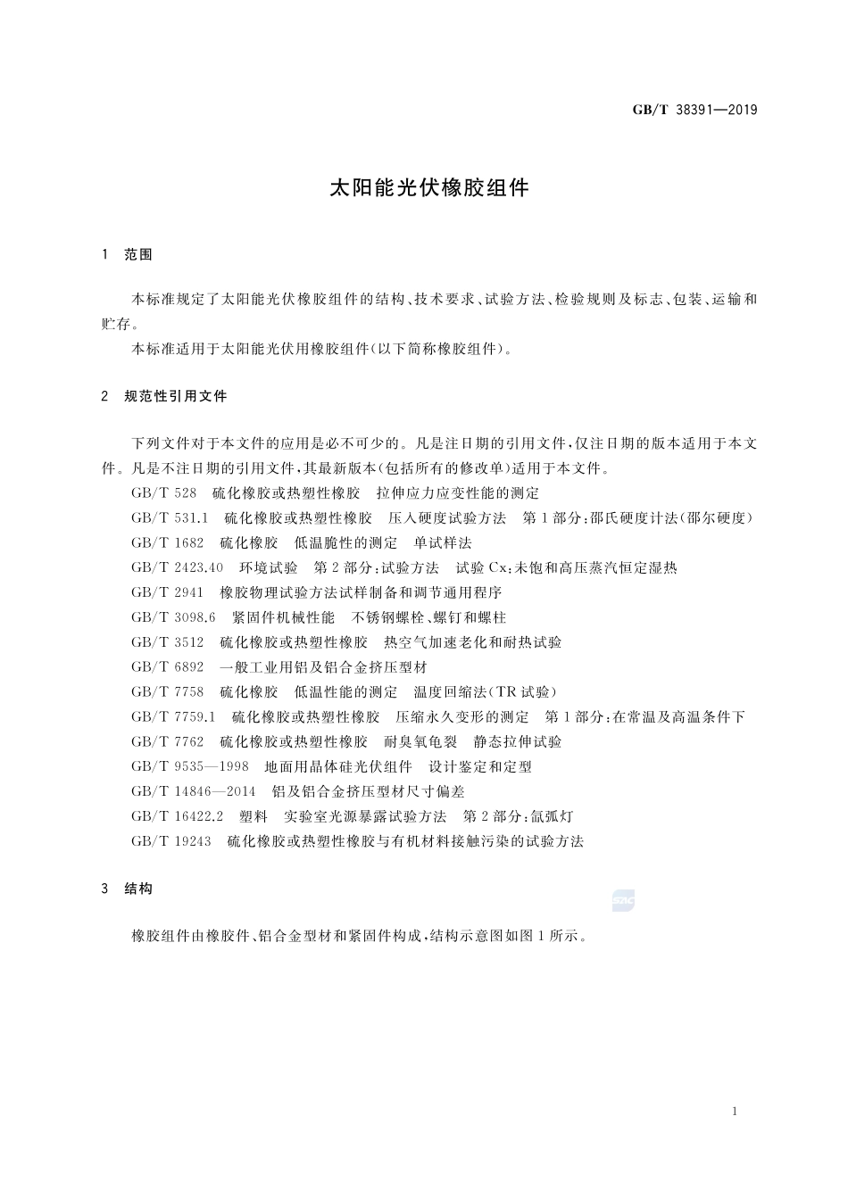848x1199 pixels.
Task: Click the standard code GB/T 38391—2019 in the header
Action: [694, 110]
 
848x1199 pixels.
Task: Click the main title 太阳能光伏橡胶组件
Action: [430, 188]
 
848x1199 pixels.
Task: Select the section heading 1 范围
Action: [128, 254]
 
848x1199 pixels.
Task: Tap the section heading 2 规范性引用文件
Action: [165, 396]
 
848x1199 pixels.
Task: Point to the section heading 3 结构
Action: [128, 889]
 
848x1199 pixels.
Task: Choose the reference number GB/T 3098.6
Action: [173, 617]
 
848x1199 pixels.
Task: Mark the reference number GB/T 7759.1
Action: [173, 716]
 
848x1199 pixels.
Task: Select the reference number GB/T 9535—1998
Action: [189, 766]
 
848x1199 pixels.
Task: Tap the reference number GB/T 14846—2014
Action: [193, 791]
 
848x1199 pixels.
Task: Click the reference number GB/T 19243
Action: [170, 841]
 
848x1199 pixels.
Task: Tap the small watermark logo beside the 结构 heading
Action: [623, 902]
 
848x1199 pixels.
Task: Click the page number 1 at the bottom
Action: [734, 1111]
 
